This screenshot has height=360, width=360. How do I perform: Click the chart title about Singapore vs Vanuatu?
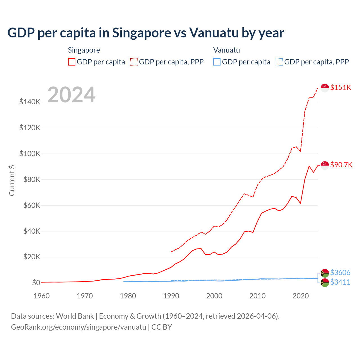[x=146, y=33]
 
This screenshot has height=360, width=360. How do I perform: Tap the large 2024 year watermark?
[x=71, y=95]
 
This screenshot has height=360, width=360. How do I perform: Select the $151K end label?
[x=341, y=87]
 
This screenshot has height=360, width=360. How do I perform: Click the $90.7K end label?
[x=341, y=165]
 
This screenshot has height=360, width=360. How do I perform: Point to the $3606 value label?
[x=340, y=273]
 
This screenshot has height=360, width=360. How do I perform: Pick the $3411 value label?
[x=340, y=282]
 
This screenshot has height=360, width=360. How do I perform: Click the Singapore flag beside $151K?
[x=325, y=88]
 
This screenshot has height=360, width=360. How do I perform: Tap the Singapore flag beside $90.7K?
[x=325, y=165]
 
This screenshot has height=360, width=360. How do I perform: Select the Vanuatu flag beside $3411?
[x=325, y=283]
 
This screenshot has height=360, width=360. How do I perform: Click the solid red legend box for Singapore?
[x=72, y=62]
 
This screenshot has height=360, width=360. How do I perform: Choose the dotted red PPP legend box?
[x=134, y=62]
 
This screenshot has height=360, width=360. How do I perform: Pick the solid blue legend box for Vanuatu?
[x=217, y=62]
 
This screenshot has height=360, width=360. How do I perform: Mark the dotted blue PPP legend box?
[x=279, y=62]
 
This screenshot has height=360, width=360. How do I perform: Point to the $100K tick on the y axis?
[x=30, y=154]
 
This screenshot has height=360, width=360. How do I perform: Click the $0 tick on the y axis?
[x=36, y=283]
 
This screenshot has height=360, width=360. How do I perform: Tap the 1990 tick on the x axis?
[x=171, y=296]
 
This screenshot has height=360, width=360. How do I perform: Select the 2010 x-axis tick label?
[x=257, y=296]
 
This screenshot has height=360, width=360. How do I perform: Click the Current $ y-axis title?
[x=12, y=180]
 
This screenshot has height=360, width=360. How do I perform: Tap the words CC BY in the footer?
[x=162, y=327]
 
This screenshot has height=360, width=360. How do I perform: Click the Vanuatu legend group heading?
[x=226, y=50]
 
